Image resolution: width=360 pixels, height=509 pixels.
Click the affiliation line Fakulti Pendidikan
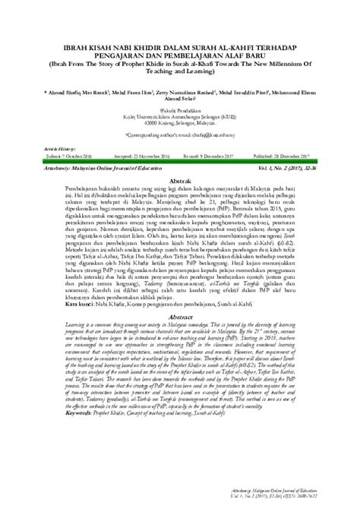pos(182,108)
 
